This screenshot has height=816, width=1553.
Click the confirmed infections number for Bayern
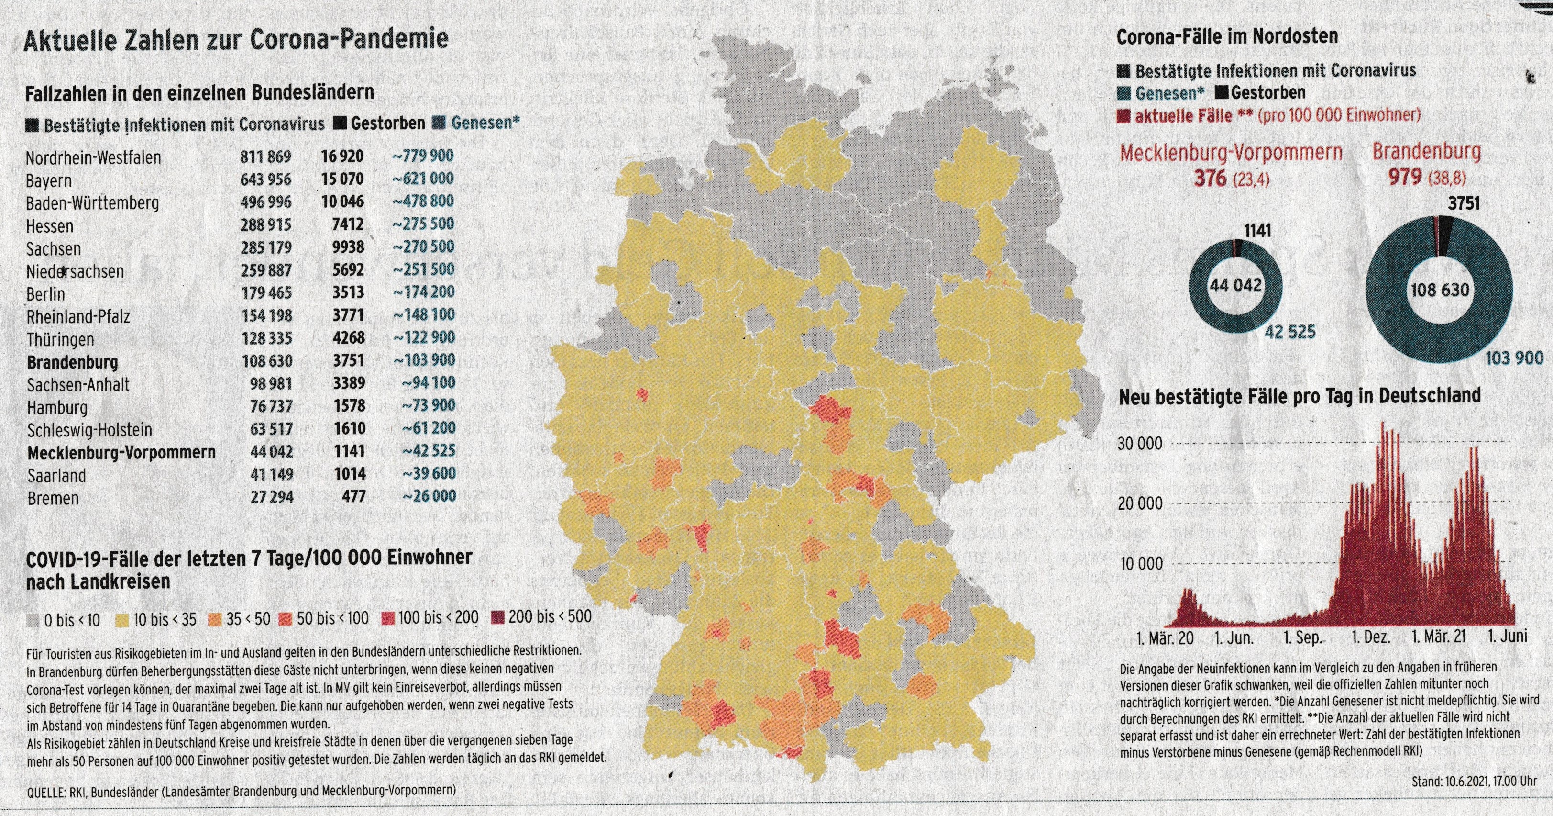coord(265,180)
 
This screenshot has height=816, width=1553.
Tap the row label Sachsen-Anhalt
coord(78,384)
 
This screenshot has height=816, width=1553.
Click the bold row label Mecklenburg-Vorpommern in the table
coord(121,452)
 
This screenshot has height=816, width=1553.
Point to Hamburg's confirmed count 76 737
coord(271,406)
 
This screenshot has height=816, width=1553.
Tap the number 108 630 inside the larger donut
coord(1440,291)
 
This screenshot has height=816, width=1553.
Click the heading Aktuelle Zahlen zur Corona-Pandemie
coord(236,39)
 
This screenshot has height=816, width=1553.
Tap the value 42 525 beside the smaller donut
coord(1289,331)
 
